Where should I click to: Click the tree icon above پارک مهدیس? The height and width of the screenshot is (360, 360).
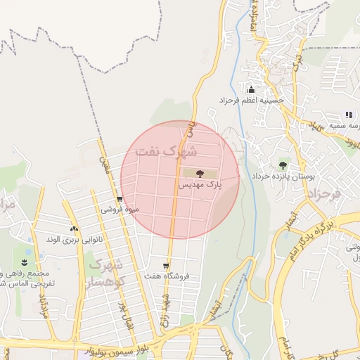coord(200,173)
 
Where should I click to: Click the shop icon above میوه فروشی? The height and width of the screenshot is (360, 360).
coord(120,199)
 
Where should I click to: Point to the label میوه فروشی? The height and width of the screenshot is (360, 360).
coord(120,210)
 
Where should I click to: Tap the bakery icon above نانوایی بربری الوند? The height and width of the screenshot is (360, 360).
coord(74,229)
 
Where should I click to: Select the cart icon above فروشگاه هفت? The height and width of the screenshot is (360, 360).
coord(166,266)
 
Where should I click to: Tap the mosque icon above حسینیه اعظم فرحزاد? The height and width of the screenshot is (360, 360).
coord(250,89)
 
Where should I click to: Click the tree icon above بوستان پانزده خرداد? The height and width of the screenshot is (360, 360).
coord(283,165)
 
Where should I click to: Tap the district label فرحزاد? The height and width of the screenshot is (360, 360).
coord(325,191)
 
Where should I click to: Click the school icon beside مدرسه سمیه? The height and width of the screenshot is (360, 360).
coord(348,115)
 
